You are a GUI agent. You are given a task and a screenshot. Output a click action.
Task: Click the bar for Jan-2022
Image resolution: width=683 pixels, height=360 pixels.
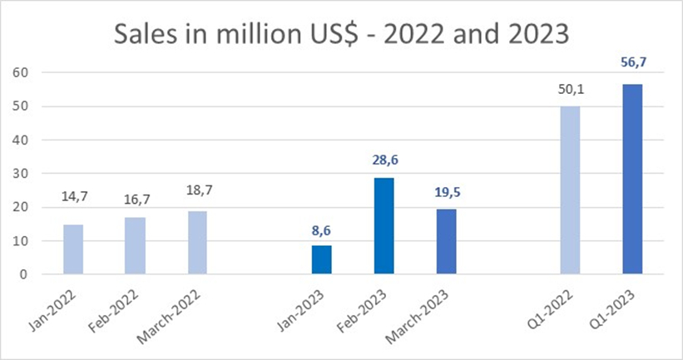click(x=73, y=249)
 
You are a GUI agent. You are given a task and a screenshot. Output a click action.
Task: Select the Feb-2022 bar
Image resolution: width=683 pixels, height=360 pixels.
click(x=135, y=245)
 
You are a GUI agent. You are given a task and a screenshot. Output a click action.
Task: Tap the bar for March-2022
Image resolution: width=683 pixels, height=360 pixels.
click(x=198, y=242)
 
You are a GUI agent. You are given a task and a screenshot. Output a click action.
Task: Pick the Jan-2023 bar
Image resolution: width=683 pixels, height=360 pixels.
click(x=322, y=259)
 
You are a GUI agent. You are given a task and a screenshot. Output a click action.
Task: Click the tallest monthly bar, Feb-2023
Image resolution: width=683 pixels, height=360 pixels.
click(x=384, y=225)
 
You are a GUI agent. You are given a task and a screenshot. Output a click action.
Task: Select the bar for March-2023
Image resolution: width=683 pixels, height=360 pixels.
click(x=447, y=241)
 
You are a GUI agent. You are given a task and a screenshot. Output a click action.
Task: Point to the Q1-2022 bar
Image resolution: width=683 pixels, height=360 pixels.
click(x=571, y=190)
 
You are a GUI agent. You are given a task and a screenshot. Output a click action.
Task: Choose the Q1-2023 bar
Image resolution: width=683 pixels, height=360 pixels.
click(x=632, y=179)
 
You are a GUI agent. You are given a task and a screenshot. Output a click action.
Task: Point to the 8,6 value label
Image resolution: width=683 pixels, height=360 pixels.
click(x=322, y=229)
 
